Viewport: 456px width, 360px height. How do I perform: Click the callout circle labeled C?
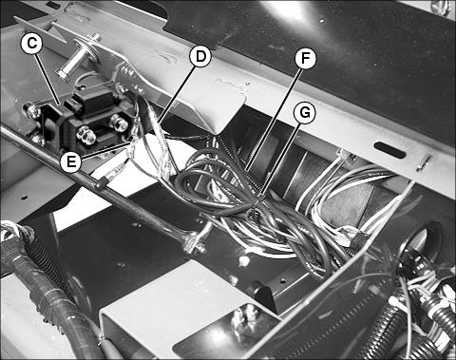pos(31,44)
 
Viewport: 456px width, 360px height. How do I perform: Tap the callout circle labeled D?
pos(200,56)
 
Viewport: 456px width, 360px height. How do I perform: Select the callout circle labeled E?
pos(71,161)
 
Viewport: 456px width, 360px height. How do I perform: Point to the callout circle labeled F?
pos(305,59)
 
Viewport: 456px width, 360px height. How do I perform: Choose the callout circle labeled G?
pos(304,113)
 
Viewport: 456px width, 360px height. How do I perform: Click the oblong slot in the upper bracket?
pos(389,150)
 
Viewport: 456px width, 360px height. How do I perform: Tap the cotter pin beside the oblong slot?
pos(423,162)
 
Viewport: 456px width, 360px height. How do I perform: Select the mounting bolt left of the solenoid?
pos(31,111)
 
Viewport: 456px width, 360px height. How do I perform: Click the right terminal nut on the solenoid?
pos(116,122)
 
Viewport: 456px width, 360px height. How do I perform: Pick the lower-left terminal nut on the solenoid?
pos(85,135)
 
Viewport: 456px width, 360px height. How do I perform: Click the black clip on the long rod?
pos(101,181)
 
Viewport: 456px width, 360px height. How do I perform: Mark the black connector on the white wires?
pos(357,239)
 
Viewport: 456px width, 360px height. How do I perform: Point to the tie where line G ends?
pos(260,197)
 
